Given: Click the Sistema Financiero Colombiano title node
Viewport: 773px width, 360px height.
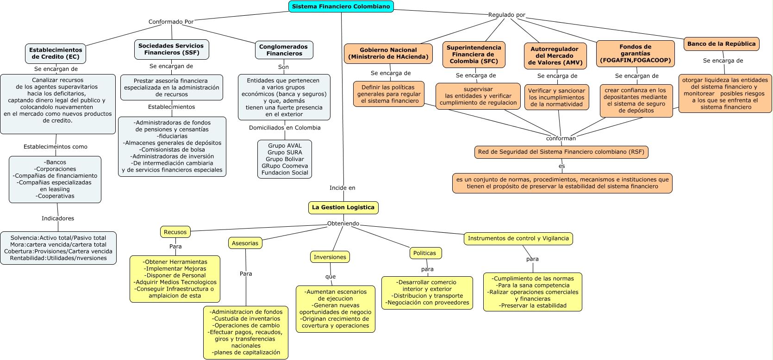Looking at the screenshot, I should pyautogui.click(x=341, y=6).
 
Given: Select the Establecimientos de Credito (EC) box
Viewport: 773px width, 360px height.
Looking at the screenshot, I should pyautogui.click(x=56, y=53).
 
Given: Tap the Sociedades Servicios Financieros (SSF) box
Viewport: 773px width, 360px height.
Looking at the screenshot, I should pyautogui.click(x=171, y=50).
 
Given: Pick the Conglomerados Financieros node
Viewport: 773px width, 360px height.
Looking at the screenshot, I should pyautogui.click(x=284, y=50).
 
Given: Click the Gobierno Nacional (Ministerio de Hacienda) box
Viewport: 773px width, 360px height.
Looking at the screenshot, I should pyautogui.click(x=388, y=53).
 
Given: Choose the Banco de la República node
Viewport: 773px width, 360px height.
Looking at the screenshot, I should pyautogui.click(x=721, y=44).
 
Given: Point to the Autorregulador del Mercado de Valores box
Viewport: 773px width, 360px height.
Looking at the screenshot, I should pyautogui.click(x=555, y=56).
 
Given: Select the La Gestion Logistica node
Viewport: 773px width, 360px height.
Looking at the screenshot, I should pyautogui.click(x=343, y=207).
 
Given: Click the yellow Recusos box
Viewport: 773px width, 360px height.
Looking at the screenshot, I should pyautogui.click(x=175, y=232).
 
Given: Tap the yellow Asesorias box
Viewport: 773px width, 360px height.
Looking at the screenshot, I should pyautogui.click(x=245, y=243).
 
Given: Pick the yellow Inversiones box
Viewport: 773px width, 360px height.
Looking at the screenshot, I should pyautogui.click(x=330, y=257).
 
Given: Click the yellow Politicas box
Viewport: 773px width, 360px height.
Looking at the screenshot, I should pyautogui.click(x=424, y=253).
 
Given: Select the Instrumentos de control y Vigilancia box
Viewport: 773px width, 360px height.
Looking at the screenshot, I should pyautogui.click(x=518, y=238).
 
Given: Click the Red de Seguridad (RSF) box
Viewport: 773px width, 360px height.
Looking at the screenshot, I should pyautogui.click(x=561, y=152).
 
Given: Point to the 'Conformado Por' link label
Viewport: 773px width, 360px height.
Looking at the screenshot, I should pyautogui.click(x=171, y=22).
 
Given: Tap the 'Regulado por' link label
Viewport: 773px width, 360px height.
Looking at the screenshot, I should pyautogui.click(x=507, y=15).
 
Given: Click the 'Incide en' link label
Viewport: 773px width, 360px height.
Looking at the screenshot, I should pyautogui.click(x=342, y=188).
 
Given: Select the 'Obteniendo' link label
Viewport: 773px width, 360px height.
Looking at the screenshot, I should pyautogui.click(x=343, y=223).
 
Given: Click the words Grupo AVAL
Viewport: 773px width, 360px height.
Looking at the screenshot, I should pyautogui.click(x=285, y=146).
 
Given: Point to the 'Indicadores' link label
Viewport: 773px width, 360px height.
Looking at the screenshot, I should pyautogui.click(x=58, y=218).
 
